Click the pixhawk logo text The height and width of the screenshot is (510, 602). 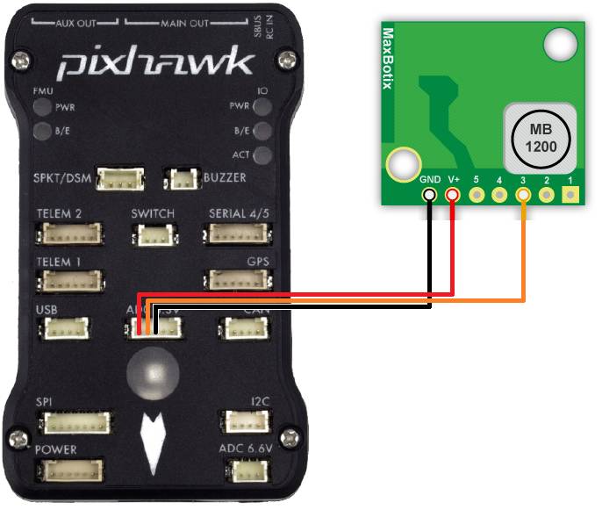click(156, 62)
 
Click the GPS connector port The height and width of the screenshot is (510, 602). click(237, 281)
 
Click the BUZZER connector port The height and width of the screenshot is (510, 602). click(184, 180)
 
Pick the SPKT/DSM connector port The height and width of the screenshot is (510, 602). click(121, 180)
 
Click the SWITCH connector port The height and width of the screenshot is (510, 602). click(153, 235)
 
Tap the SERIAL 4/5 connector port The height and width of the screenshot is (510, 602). click(237, 234)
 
